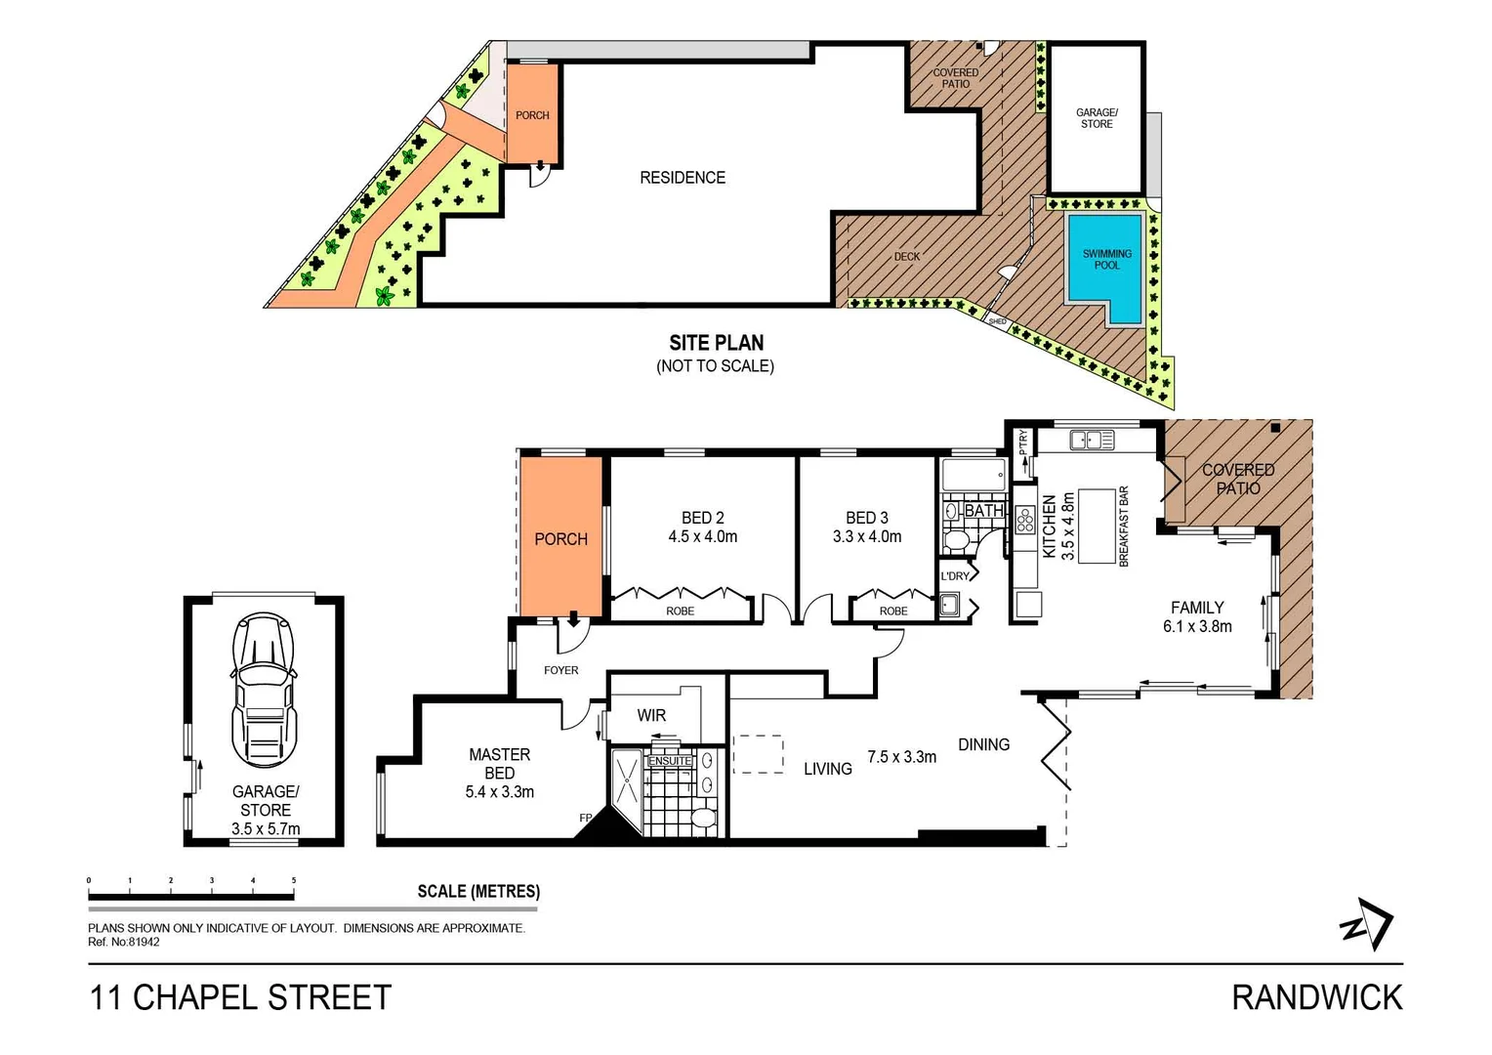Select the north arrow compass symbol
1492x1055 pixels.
point(1367,924)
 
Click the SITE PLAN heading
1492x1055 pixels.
point(716,343)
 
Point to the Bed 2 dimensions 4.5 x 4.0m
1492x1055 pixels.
point(702,536)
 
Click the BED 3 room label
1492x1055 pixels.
point(866,518)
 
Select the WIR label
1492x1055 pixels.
point(651,715)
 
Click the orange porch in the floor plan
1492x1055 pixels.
point(560,539)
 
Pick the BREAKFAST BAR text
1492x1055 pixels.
point(1124,527)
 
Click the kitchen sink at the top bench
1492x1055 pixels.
point(1092,441)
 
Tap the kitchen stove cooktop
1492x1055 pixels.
point(1024,520)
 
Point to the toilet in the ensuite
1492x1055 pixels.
point(701,817)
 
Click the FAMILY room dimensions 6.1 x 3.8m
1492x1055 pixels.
point(1197,627)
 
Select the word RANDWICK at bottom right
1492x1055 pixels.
point(1316,997)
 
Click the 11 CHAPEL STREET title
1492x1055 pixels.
point(240,997)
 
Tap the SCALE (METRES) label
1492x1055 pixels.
point(478,891)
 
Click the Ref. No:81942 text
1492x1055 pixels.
point(124,942)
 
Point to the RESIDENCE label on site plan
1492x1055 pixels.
point(683,178)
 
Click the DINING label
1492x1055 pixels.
point(983,744)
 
